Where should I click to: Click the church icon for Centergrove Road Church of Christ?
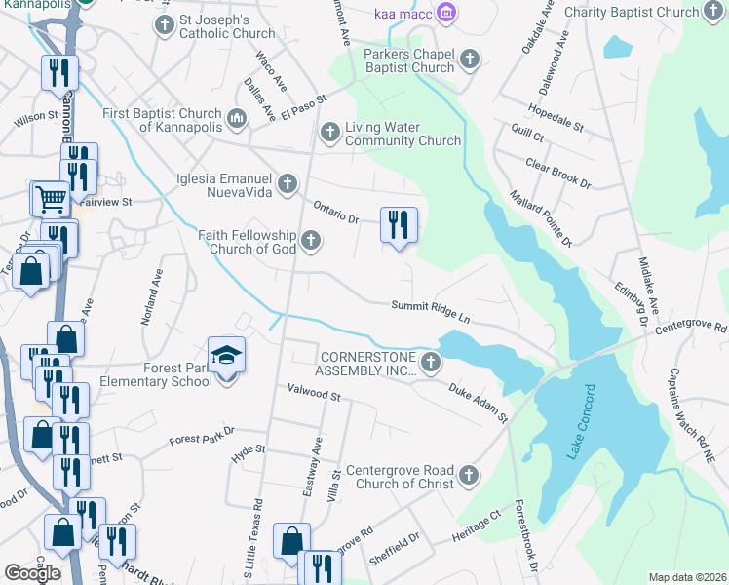coord(469,475)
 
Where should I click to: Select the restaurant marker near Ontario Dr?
coord(398,223)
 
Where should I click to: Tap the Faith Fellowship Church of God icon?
coord(311,240)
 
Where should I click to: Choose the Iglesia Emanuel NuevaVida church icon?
coord(287,182)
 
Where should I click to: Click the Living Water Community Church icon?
coord(330,131)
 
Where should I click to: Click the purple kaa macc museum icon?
coord(447,13)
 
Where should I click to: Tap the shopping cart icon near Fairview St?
coord(51,199)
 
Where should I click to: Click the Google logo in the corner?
coord(32,573)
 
